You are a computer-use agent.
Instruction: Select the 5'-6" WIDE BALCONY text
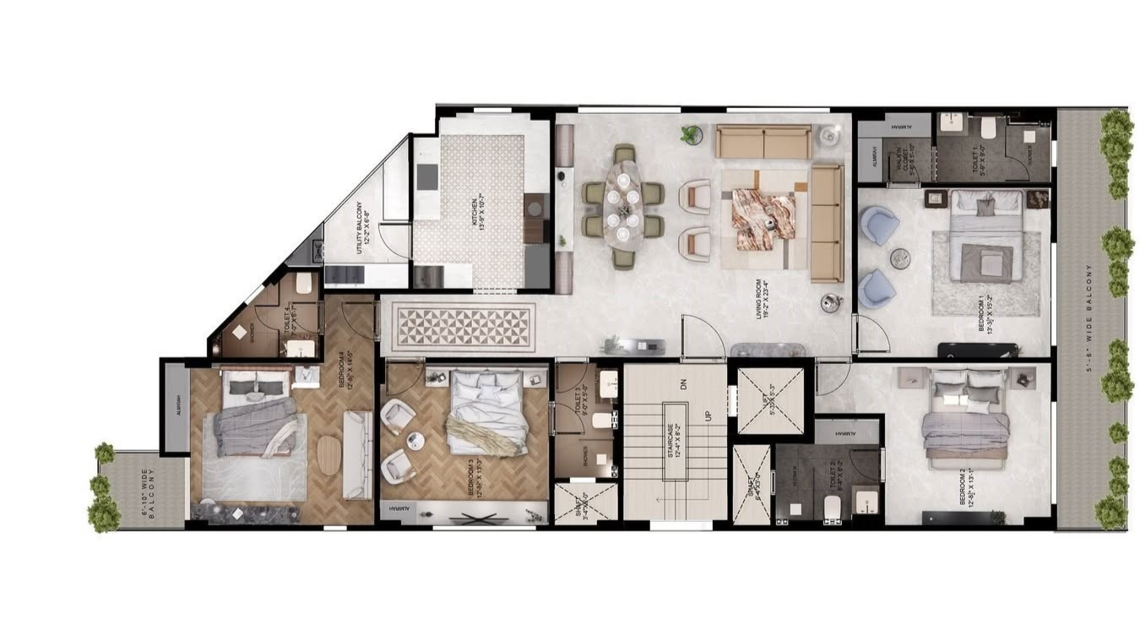point(1091,318)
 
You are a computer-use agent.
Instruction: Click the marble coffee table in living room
point(763,219)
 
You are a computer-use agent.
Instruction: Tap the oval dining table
point(623,204)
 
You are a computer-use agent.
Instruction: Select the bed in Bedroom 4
point(252,414)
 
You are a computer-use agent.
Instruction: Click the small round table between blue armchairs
point(900,258)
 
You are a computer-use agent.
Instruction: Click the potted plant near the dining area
point(691,133)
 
